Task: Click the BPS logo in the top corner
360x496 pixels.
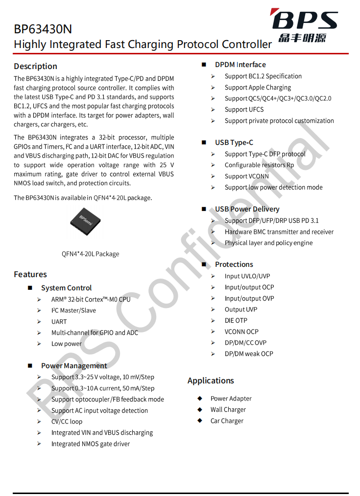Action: point(305,25)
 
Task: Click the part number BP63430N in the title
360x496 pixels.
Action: point(43,29)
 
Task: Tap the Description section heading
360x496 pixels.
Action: point(35,66)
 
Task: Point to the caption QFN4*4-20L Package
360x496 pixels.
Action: point(90,254)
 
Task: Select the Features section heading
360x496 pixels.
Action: point(30,274)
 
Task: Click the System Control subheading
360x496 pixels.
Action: point(66,288)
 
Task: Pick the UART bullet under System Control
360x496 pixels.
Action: point(59,322)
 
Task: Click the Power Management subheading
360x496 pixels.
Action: point(73,366)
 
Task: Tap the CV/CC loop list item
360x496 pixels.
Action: point(67,422)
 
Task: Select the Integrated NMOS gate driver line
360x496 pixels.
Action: point(91,444)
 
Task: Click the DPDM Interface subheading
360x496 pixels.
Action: point(240,65)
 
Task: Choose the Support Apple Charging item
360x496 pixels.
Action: point(258,88)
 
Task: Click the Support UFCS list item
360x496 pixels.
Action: point(244,110)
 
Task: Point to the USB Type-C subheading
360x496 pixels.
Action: point(234,142)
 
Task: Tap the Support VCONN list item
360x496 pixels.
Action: point(246,176)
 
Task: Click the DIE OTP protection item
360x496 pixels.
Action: point(236,321)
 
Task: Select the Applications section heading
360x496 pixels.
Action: point(211,380)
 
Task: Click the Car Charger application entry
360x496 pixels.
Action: point(227,421)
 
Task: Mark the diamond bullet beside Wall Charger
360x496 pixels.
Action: point(200,409)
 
